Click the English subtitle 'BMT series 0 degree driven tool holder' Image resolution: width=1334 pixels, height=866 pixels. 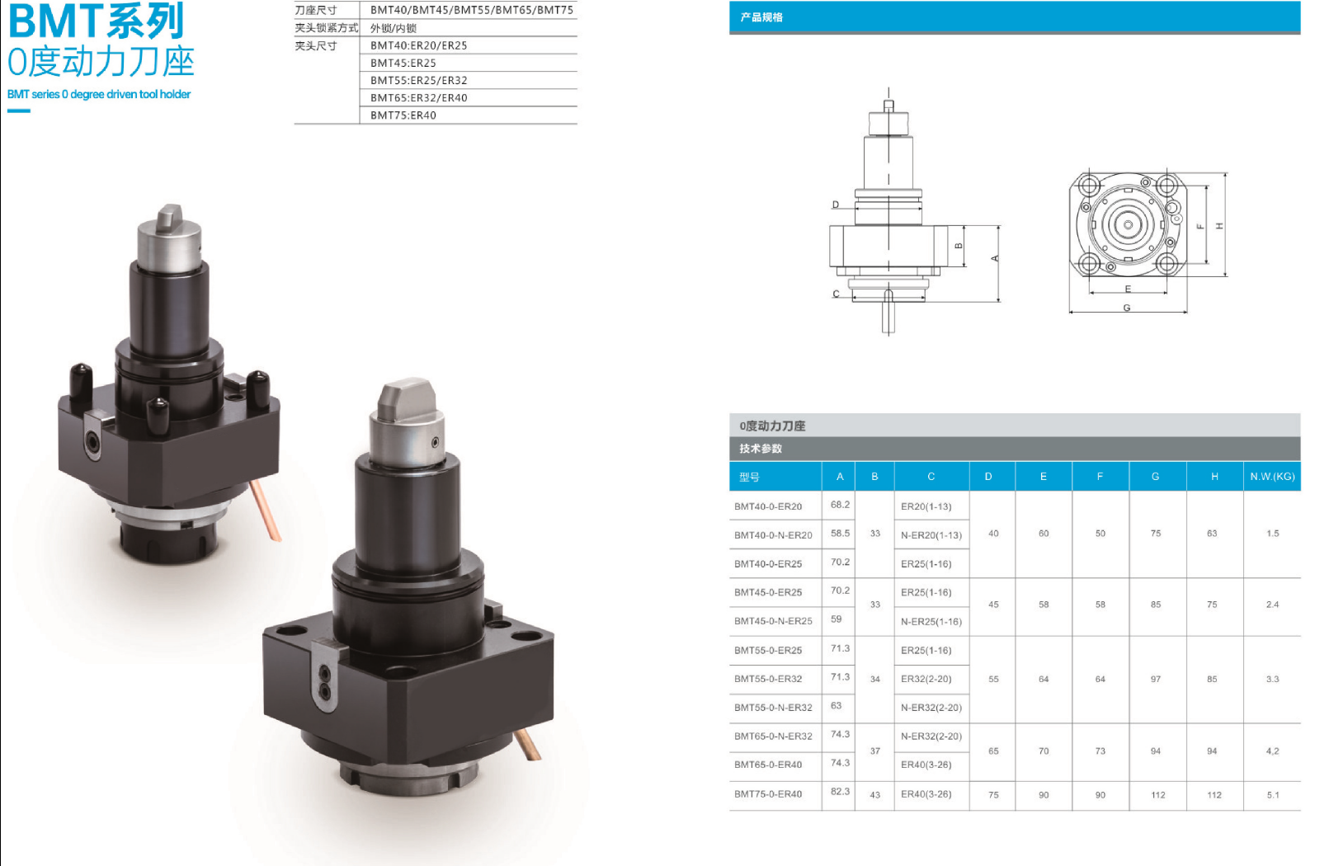pos(99,94)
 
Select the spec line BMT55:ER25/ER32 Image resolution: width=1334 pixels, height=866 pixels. pos(419,80)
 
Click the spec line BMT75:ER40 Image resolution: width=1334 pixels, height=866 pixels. pos(403,115)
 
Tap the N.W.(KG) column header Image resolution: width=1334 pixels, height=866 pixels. pos(1272,476)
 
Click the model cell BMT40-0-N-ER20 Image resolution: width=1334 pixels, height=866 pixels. pos(773,535)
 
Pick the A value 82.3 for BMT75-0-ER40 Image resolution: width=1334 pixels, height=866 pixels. pos(840,792)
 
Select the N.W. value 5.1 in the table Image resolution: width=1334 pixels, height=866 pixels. pos(1272,795)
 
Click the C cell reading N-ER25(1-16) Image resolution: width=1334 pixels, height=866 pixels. pos(931,622)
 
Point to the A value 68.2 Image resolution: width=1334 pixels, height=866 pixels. pos(840,505)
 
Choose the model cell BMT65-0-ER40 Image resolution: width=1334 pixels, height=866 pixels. pos(768,765)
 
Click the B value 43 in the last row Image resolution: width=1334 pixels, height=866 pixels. pos(874,795)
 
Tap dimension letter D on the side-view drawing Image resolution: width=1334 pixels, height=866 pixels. pos(836,205)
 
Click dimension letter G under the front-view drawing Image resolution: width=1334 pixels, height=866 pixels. pos(1126,308)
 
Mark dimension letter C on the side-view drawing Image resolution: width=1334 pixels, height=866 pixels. pos(836,294)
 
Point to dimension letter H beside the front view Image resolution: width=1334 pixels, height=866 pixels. pos(1219,225)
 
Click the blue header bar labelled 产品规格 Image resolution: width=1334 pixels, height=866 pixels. pos(1014,17)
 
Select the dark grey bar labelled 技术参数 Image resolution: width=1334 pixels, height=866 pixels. pos(1014,449)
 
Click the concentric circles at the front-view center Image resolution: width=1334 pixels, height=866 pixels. pos(1127,224)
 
